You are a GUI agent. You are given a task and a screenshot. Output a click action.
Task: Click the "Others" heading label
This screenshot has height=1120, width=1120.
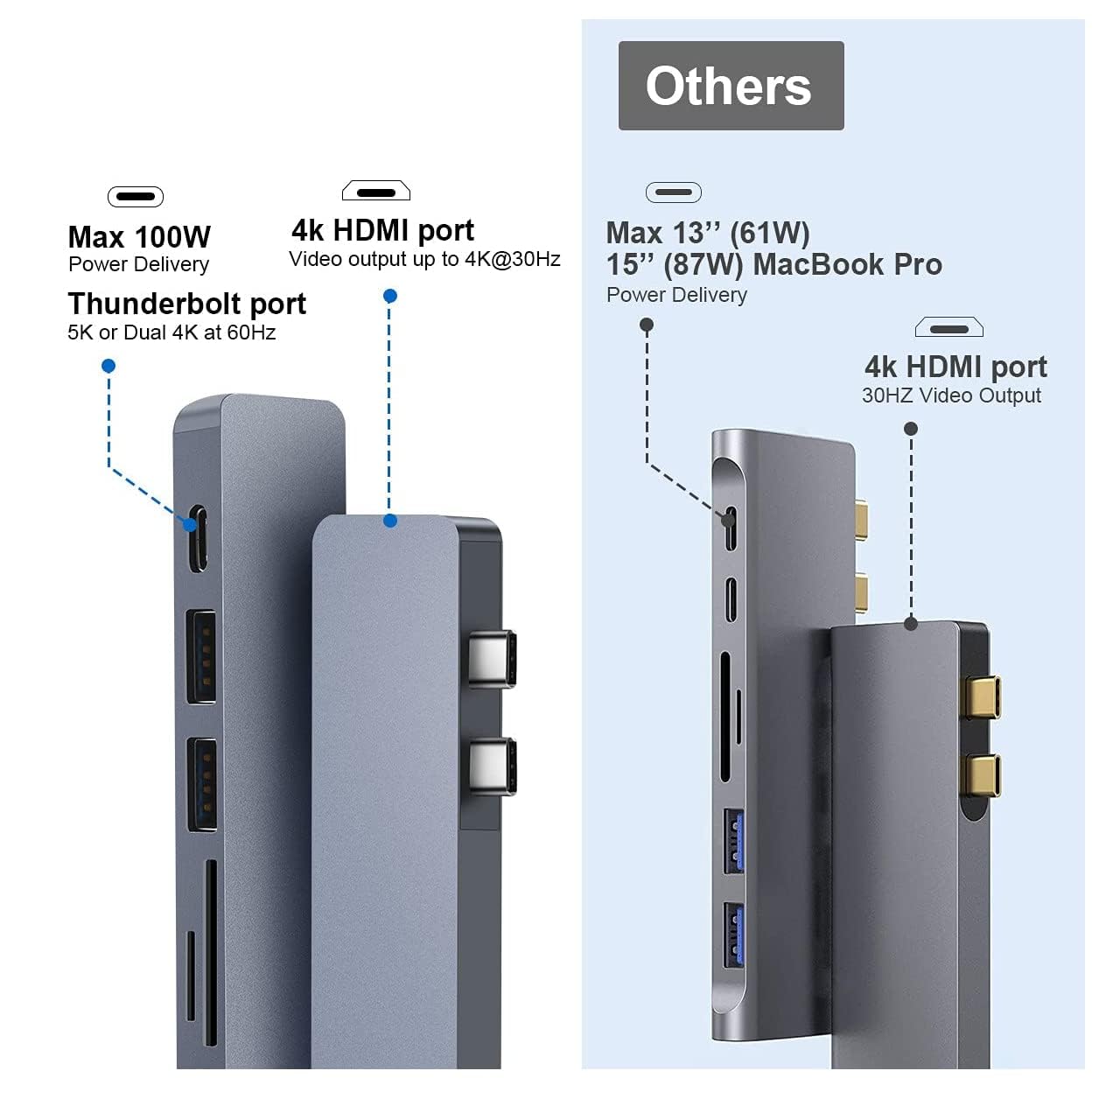tap(730, 86)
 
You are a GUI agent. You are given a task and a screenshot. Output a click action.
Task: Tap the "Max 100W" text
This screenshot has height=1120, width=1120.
tap(139, 237)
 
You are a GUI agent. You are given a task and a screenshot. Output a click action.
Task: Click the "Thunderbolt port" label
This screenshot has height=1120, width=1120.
tap(186, 304)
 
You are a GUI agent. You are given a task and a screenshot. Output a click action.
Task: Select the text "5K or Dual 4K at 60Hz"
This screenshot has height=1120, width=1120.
tap(171, 332)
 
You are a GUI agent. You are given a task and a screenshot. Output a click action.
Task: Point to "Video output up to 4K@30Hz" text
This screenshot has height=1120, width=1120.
tap(424, 259)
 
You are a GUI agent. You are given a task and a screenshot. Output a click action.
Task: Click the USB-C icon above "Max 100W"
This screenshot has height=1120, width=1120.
tap(136, 197)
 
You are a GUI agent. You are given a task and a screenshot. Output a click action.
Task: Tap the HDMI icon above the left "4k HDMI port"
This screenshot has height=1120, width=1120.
tap(376, 191)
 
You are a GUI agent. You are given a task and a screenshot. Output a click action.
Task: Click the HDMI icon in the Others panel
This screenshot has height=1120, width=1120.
tap(949, 328)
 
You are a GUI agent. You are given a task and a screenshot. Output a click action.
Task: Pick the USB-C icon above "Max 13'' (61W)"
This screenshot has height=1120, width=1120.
tap(674, 192)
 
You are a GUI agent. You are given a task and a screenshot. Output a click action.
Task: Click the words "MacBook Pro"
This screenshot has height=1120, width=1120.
tap(847, 264)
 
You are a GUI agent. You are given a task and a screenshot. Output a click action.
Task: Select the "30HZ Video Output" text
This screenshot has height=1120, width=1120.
tap(951, 395)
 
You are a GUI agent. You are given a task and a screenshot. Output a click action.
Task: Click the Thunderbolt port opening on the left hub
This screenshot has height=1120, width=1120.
tap(199, 537)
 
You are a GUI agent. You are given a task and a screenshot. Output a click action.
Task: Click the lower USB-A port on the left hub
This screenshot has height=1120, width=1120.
tap(202, 785)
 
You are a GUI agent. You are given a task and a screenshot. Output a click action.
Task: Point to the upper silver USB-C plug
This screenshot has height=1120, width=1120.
tap(491, 658)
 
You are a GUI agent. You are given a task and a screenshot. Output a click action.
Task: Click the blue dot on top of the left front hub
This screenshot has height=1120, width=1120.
tap(390, 521)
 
